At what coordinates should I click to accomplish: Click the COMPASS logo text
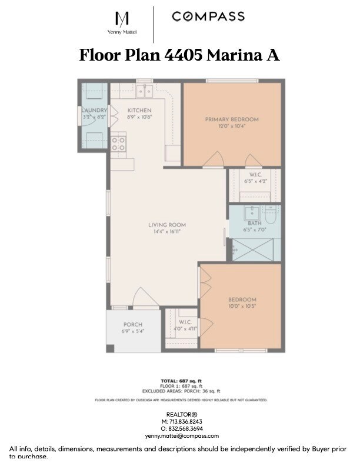pos(208,16)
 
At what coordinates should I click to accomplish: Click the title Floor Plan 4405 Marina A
pos(179,55)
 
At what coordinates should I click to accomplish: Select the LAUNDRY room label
pos(94,110)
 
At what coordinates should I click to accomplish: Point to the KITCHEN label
pos(139,110)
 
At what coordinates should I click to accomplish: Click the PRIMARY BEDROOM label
pos(232,119)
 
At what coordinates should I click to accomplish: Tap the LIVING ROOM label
pos(167,225)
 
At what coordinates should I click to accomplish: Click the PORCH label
pos(132,325)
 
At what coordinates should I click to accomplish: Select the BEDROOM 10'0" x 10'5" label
pos(242,299)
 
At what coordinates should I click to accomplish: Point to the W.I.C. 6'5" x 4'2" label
pos(255,175)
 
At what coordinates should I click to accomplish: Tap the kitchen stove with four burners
pos(118,144)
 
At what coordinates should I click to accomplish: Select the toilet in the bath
pos(271,216)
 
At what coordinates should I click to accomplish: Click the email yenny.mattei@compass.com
pos(182,436)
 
